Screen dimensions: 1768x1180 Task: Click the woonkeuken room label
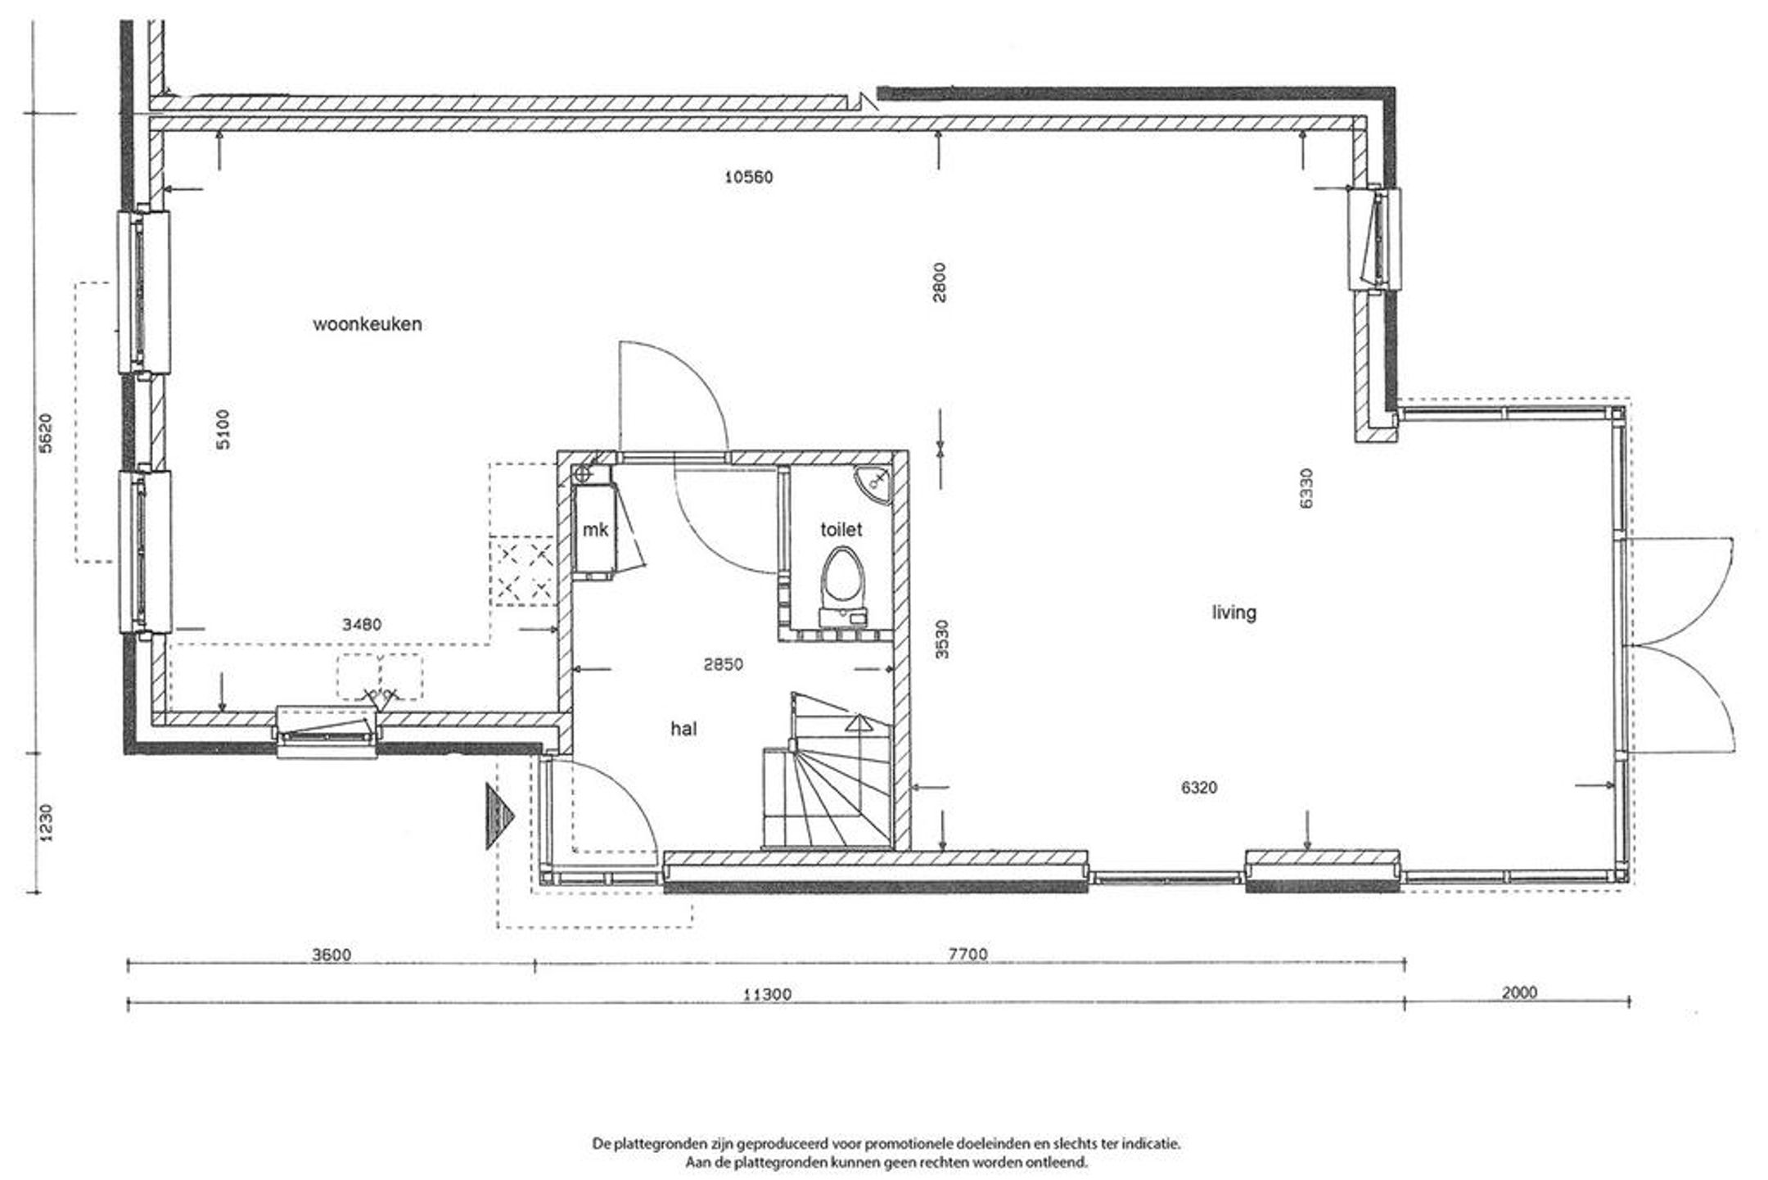coord(368,324)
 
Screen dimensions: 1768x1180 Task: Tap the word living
coord(1234,613)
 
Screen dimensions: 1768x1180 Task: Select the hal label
coord(683,729)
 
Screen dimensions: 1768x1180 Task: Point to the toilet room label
coord(841,530)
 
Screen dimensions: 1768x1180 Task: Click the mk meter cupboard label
coord(595,530)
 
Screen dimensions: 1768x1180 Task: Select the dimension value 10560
coord(749,177)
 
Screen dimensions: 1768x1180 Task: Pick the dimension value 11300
coord(767,995)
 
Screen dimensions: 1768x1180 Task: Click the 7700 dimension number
coord(968,954)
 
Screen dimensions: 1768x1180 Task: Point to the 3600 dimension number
coord(331,955)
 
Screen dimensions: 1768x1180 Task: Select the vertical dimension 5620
coord(46,434)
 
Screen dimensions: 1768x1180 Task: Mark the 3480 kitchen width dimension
coord(362,625)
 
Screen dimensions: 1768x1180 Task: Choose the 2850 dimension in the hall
coord(724,664)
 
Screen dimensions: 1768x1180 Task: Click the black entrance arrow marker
coord(498,816)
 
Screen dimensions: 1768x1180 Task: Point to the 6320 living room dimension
coord(1199,788)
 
